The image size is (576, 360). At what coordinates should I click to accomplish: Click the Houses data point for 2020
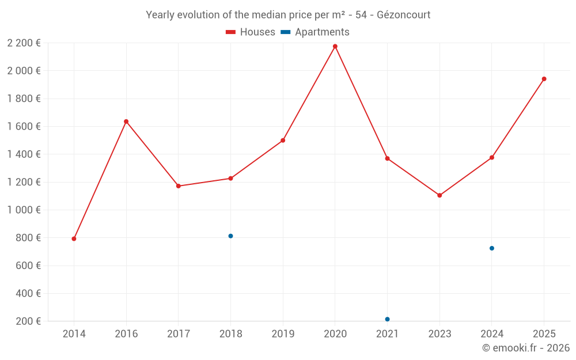pyautogui.click(x=335, y=46)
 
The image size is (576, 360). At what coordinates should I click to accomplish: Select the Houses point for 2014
pyautogui.click(x=74, y=238)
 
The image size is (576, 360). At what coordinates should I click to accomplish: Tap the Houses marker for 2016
pyautogui.click(x=126, y=122)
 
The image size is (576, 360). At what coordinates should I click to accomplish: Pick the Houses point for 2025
pyautogui.click(x=544, y=79)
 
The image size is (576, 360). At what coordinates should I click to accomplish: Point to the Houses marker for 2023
pyautogui.click(x=439, y=195)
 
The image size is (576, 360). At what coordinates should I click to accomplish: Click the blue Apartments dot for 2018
pyautogui.click(x=230, y=236)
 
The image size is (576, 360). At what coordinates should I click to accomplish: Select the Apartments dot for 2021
pyautogui.click(x=387, y=319)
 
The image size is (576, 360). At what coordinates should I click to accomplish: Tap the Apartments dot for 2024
pyautogui.click(x=492, y=248)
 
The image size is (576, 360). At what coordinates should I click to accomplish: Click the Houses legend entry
pyautogui.click(x=251, y=32)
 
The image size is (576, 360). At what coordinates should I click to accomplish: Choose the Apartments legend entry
pyautogui.click(x=315, y=32)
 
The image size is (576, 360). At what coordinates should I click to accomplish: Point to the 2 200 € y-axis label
pyautogui.click(x=24, y=43)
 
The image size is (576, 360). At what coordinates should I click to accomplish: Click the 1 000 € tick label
pyautogui.click(x=24, y=210)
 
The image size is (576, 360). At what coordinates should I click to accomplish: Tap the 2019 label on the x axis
pyautogui.click(x=283, y=334)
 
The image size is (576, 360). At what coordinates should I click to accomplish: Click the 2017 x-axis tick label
pyautogui.click(x=179, y=334)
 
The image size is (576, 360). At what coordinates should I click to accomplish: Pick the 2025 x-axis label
pyautogui.click(x=544, y=334)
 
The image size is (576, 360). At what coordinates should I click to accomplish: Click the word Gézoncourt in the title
pyautogui.click(x=403, y=15)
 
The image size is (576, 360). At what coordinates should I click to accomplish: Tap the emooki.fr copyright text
pyautogui.click(x=526, y=348)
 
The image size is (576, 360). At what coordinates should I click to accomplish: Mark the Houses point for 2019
pyautogui.click(x=283, y=140)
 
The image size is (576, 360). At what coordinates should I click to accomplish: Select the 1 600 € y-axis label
pyautogui.click(x=24, y=127)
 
